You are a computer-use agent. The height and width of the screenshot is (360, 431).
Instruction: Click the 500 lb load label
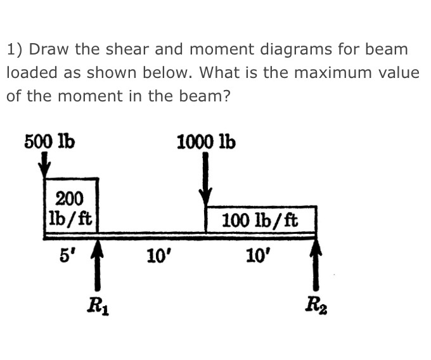coord(49,141)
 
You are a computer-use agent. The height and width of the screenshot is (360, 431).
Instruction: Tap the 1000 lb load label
coord(206,141)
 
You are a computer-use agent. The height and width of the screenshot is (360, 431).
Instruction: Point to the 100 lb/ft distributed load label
coord(261,221)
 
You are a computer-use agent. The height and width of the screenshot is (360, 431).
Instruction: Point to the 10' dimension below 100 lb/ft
coord(256,256)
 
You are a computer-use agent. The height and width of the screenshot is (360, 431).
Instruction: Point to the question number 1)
coord(15,49)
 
